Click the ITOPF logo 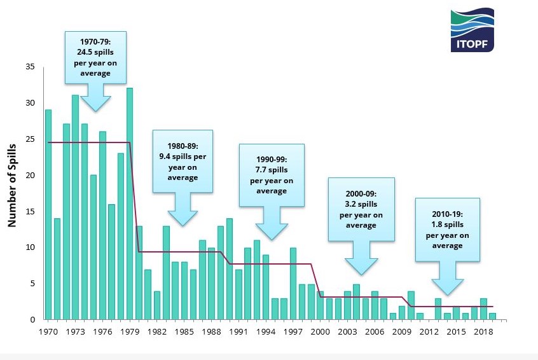pyautogui.click(x=472, y=30)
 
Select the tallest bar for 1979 pyautogui.click(x=130, y=204)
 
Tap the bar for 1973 pyautogui.click(x=75, y=207)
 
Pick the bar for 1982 pyautogui.click(x=157, y=305)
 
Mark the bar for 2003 pyautogui.click(x=347, y=305)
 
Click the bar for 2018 pyautogui.click(x=483, y=308)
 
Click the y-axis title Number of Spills pyautogui.click(x=11, y=185)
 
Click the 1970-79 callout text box pyautogui.click(x=95, y=57)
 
